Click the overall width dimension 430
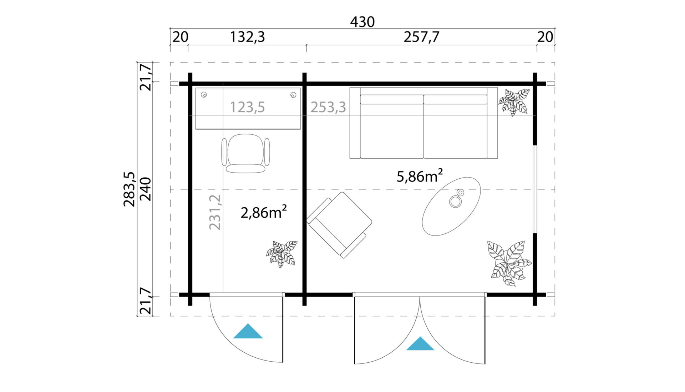point(362,22)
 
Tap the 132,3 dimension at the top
point(247,37)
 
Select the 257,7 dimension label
point(421,37)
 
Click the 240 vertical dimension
point(146,189)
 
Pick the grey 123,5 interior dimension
point(247,107)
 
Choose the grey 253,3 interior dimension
point(328,107)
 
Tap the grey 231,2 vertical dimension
point(215,212)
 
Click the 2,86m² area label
point(264,212)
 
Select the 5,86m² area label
point(420,176)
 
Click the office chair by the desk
point(245,154)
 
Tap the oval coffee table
point(451,206)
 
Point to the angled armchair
point(339,225)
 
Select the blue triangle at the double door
point(420,343)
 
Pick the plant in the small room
point(282,254)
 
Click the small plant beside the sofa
point(514,102)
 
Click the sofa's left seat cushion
point(392,131)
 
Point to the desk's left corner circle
point(204,95)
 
